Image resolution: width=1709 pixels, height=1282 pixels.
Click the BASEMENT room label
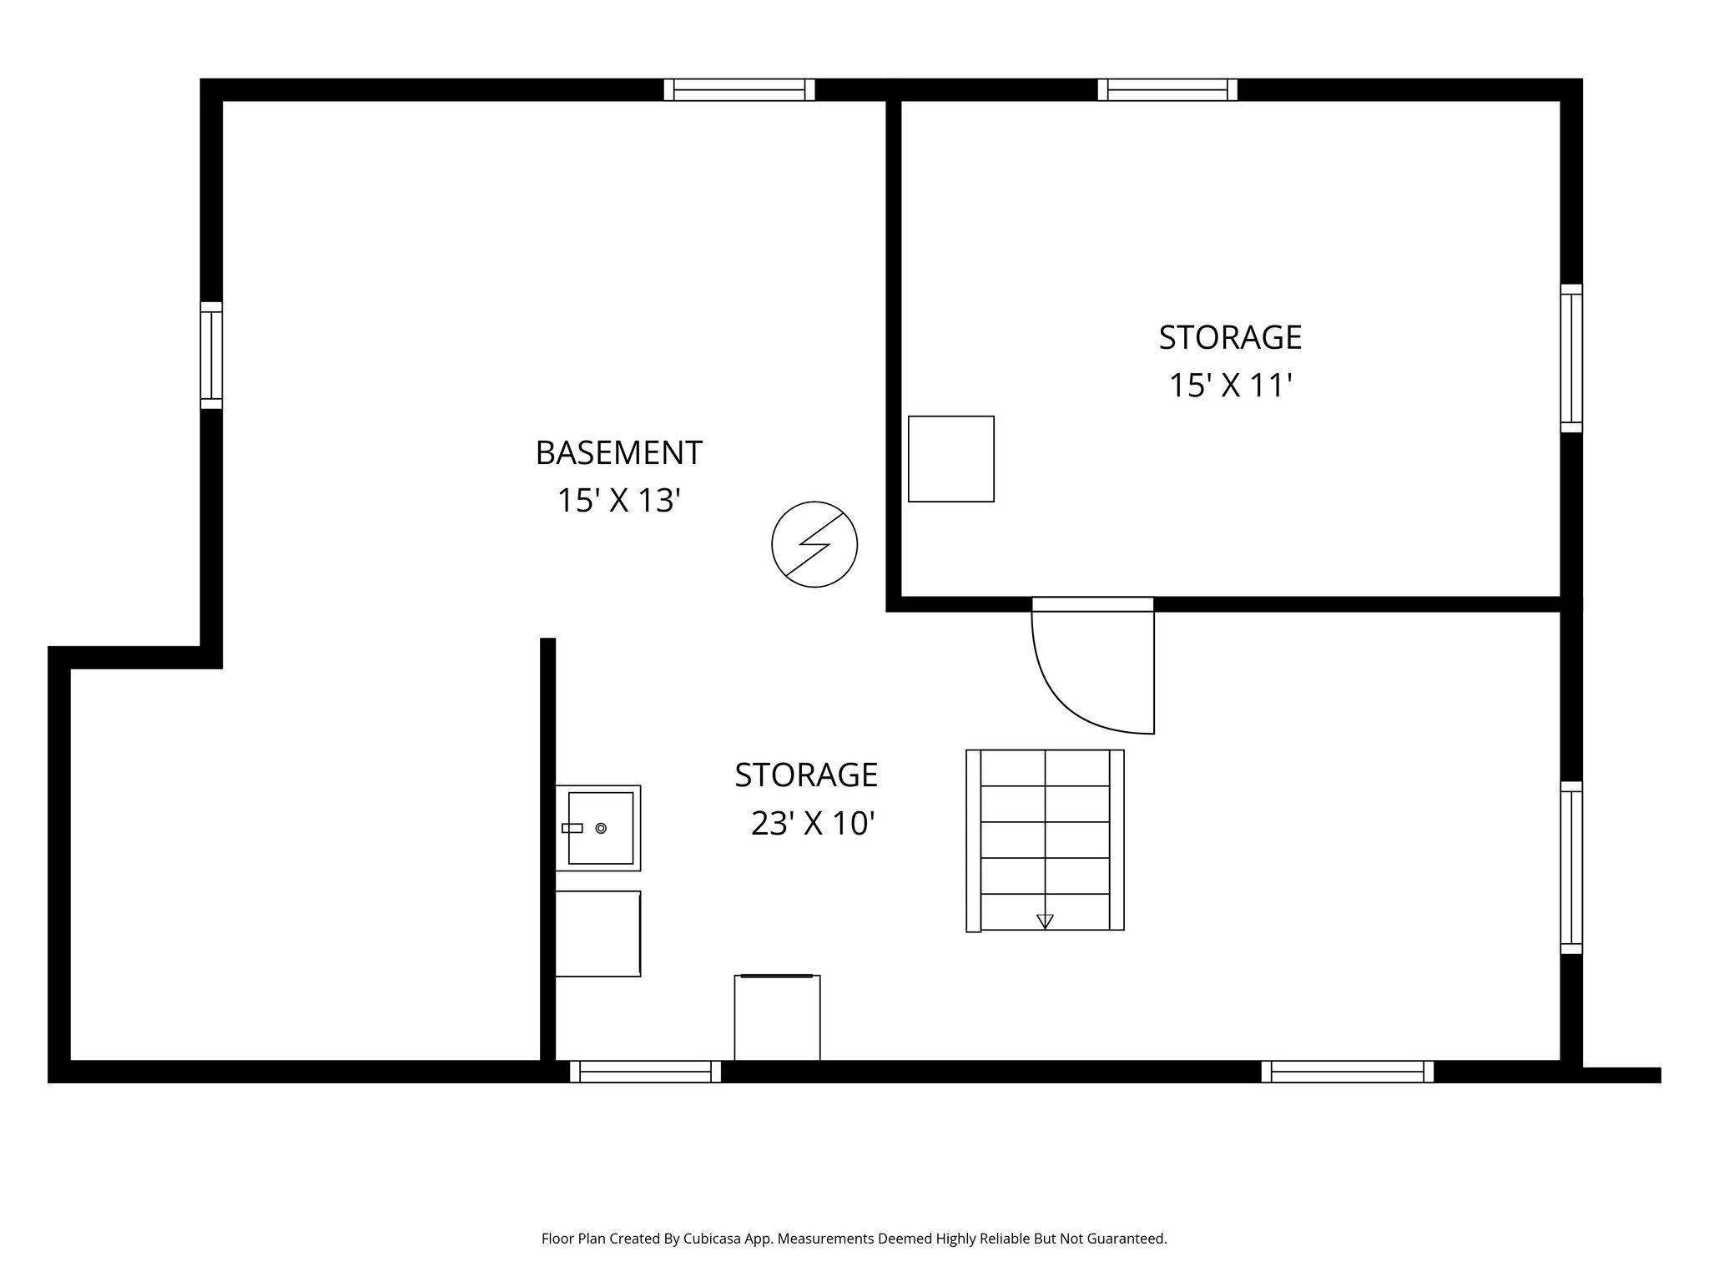coord(618,453)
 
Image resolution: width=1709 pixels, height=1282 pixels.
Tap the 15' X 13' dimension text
coord(618,501)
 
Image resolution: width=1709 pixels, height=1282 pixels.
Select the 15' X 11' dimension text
coord(1230,386)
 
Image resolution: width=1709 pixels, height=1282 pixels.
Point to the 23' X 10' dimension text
coord(812,824)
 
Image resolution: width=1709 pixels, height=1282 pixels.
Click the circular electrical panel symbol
coord(814,544)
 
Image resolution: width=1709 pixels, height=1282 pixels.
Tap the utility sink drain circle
coord(601,828)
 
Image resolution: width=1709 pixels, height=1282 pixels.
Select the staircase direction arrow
coord(1045,921)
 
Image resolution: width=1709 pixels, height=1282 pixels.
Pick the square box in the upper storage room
coord(950,458)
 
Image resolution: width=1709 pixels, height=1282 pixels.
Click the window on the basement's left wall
coord(211,356)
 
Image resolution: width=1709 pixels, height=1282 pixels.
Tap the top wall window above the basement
coord(739,89)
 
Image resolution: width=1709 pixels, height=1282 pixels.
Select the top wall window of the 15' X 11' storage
coord(1167,89)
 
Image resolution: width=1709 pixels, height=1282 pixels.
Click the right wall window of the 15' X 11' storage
coord(1571,358)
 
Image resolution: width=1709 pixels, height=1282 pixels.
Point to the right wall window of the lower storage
coord(1571,868)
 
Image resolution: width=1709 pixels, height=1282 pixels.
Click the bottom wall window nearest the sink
coord(645,1072)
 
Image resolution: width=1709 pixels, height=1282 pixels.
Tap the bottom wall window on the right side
coord(1348,1072)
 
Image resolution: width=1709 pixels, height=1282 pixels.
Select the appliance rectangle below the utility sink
coord(597,933)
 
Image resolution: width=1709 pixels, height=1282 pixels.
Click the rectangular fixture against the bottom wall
coord(777,1017)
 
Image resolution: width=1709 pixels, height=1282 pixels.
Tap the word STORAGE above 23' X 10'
coord(806,775)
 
